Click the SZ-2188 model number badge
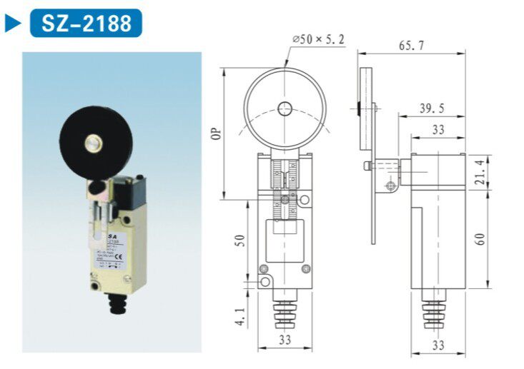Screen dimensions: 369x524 [86, 23]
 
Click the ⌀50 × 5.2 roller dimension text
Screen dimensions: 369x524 [318, 40]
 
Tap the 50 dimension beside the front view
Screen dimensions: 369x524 [242, 241]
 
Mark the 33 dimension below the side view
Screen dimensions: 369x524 [438, 345]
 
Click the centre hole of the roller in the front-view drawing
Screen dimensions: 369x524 [285, 109]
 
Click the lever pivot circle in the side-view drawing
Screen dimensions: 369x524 [390, 187]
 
